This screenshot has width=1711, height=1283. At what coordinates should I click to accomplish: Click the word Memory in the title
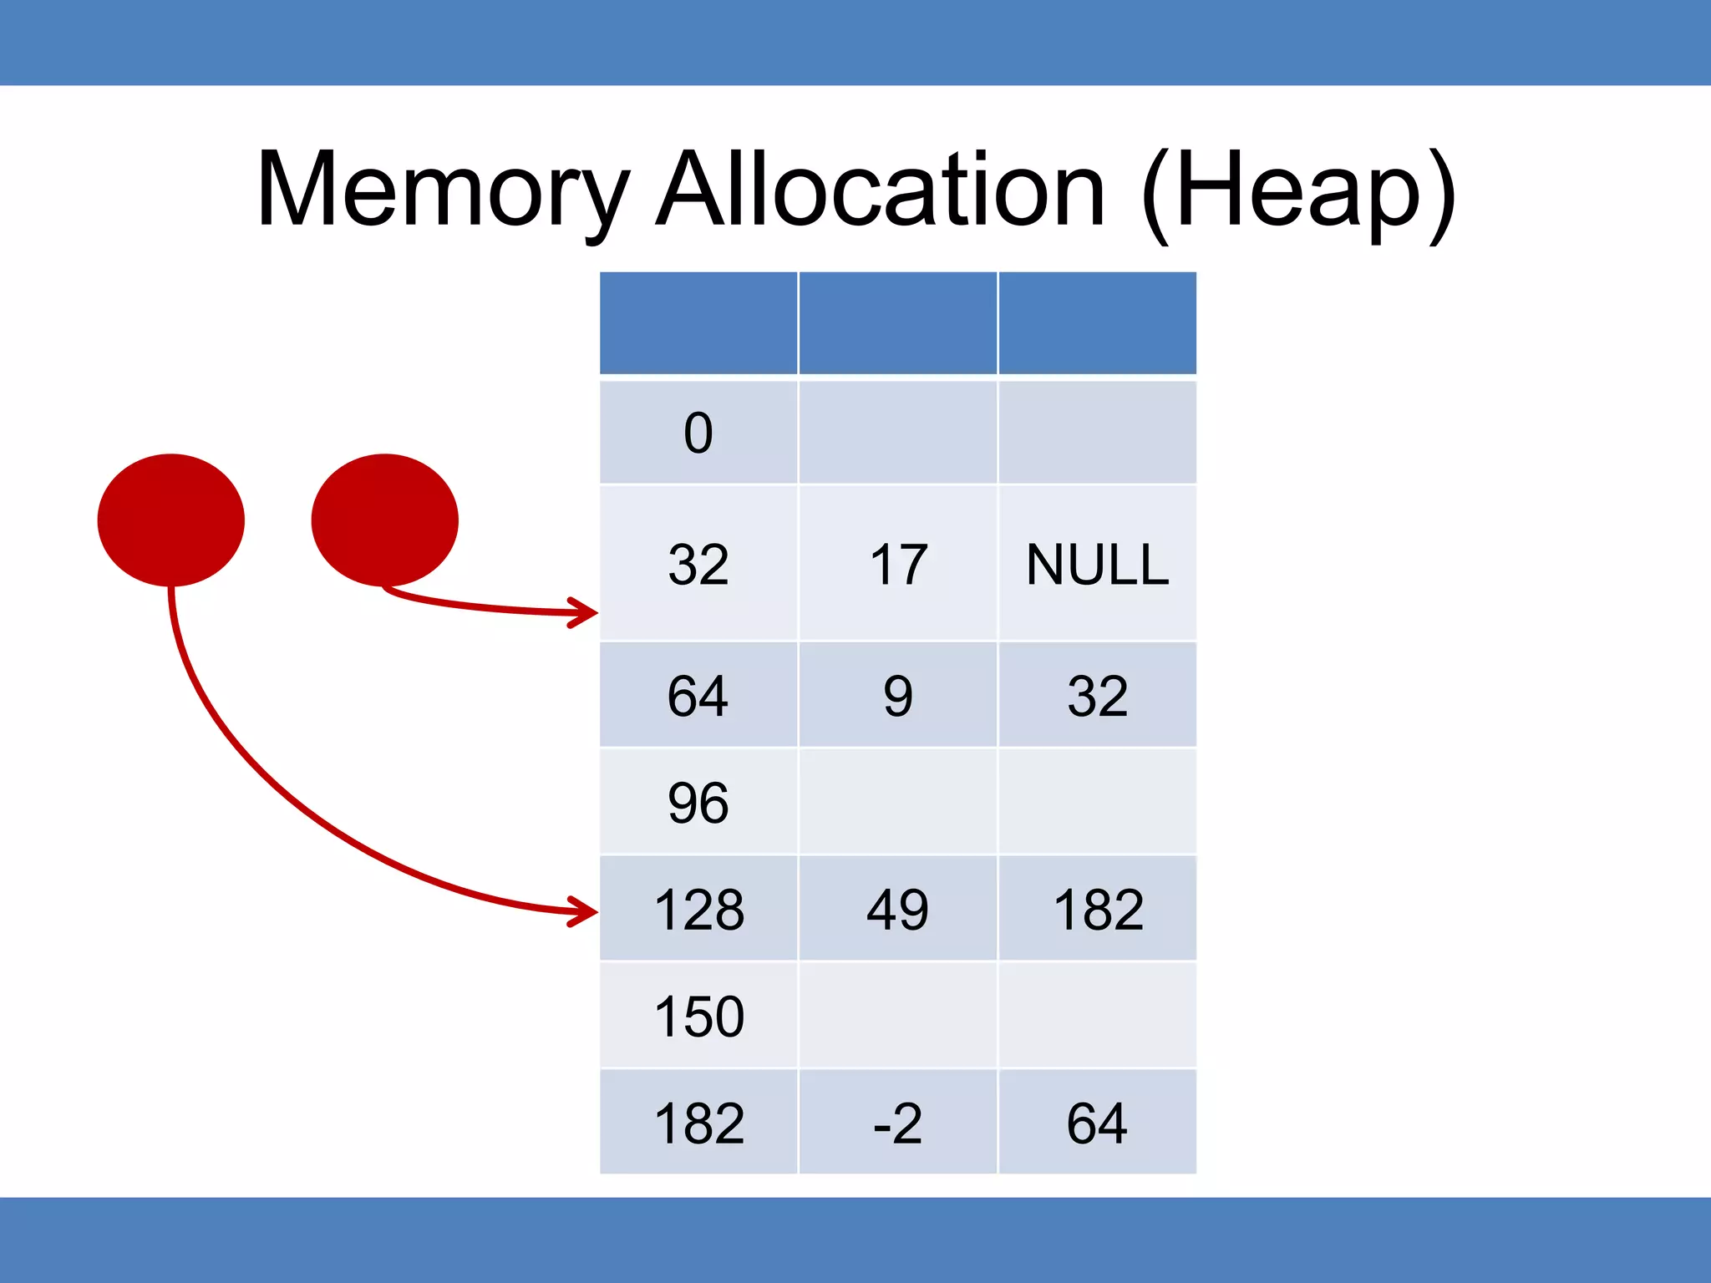pos(443,190)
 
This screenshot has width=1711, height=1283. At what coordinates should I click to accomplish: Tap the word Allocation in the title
pos(881,190)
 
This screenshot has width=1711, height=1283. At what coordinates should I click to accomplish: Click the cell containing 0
pos(698,433)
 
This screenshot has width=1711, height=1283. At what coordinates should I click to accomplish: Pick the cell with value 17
pos(898,564)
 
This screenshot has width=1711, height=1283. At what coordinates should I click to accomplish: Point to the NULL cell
pos(1097,564)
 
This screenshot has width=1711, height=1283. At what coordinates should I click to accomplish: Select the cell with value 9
pos(898,695)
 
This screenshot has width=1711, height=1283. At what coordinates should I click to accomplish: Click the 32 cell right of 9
pos(1097,695)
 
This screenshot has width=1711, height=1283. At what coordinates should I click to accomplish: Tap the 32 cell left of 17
pos(698,564)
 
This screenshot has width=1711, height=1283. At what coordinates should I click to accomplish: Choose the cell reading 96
pos(698,802)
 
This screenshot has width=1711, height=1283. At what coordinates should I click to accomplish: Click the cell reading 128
pos(698,909)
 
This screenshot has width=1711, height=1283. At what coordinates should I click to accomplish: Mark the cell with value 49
pos(898,909)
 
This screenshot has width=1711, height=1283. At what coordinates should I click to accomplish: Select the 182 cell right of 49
pos(1097,909)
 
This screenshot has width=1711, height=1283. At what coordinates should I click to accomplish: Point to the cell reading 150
pos(698,1016)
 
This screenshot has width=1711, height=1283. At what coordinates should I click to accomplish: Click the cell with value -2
pos(898,1123)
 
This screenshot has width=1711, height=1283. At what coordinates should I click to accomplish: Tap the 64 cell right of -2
pos(1097,1123)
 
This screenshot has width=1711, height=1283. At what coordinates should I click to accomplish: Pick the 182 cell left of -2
pos(698,1123)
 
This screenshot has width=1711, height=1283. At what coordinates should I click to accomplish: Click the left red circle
pos(171,520)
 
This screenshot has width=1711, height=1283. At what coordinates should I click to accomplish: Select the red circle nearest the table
pos(385,520)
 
